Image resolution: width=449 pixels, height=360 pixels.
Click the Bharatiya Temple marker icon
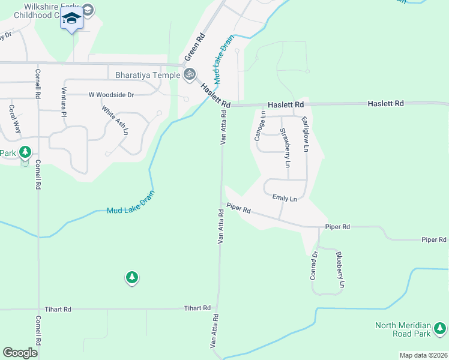(x=190, y=74)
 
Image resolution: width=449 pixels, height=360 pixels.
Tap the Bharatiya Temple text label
(x=148, y=76)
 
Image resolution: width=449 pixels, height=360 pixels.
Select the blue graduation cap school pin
(x=71, y=20)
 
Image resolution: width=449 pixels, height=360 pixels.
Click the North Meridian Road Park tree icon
(x=441, y=328)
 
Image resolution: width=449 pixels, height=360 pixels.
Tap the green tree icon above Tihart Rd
(x=132, y=277)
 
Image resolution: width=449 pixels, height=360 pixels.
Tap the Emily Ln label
(x=285, y=198)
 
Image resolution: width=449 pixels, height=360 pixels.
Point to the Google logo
(x=20, y=353)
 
